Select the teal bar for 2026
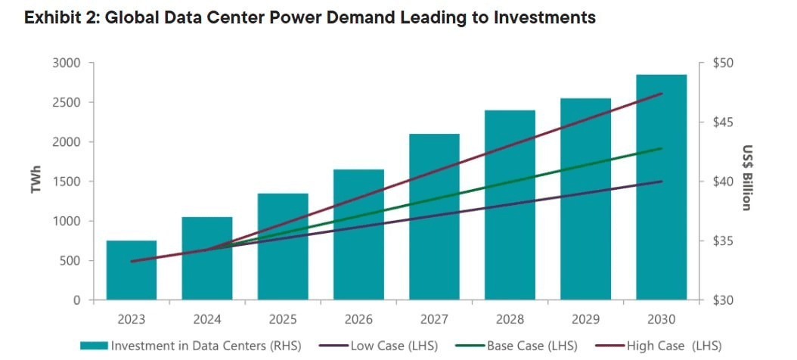(x=358, y=234)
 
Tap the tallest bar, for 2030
(x=662, y=187)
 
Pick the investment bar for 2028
(x=510, y=205)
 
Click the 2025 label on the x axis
(x=283, y=320)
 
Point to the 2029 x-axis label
(x=585, y=320)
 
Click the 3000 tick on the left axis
(x=67, y=63)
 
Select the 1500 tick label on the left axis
(x=67, y=182)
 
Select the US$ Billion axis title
(x=746, y=178)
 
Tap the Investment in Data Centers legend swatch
(x=94, y=346)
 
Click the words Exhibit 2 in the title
(x=58, y=18)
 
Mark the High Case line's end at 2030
(x=662, y=94)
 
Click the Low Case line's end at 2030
(x=662, y=182)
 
